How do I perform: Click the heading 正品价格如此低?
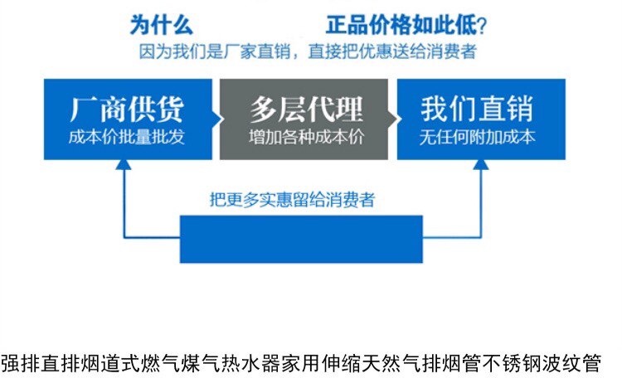[x=405, y=24]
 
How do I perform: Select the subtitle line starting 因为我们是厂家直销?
[x=307, y=51]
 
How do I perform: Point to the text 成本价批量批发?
[x=126, y=137]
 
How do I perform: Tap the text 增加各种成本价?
[x=305, y=137]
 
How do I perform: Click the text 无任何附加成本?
[x=477, y=137]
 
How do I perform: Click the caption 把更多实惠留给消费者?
[x=292, y=200]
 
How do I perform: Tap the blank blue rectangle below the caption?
[x=301, y=239]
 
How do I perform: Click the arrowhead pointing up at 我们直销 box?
[x=480, y=165]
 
